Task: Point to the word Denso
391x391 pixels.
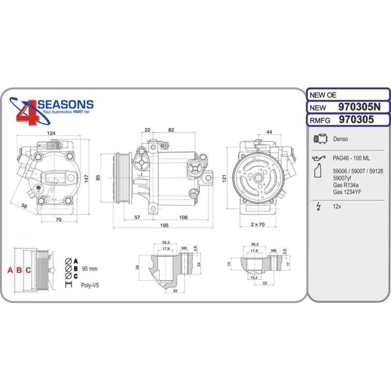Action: tap(340, 140)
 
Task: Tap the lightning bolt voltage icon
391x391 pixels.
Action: tap(318, 206)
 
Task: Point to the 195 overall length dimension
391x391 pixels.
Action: tap(163, 225)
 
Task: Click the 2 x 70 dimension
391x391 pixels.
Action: tap(257, 224)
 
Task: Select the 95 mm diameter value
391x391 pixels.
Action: tap(90, 269)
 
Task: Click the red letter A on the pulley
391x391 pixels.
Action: tap(9, 270)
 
